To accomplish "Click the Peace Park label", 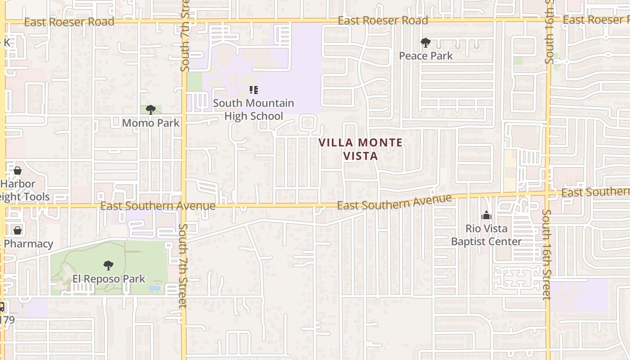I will tap(426, 56).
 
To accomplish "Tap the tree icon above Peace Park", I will tap(425, 43).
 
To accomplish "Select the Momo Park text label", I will tap(151, 123).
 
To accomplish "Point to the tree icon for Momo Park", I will tap(151, 109).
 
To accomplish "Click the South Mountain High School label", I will tap(253, 109).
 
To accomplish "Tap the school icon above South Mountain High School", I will tap(253, 90).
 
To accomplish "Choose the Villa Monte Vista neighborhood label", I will tap(360, 149).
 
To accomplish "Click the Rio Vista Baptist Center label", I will tap(486, 235).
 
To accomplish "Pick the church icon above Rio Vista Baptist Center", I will tap(486, 216).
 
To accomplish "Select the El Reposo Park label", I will tap(109, 279).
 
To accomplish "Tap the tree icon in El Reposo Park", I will tap(108, 265).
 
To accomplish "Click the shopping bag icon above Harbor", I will tap(18, 171).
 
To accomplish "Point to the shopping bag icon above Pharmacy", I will tap(18, 230).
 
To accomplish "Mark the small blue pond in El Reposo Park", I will tap(154, 288).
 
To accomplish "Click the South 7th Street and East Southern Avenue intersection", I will tap(184, 206).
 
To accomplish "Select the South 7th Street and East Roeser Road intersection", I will tap(184, 21).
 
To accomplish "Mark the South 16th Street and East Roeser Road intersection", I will tap(548, 20).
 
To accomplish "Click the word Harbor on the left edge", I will tap(18, 184).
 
